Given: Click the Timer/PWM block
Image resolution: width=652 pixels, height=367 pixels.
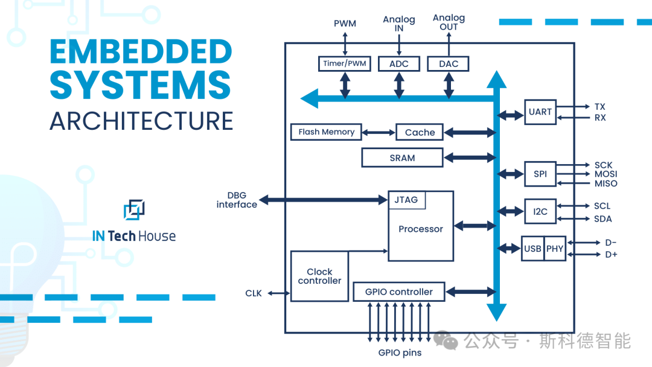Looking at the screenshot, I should pos(345,63).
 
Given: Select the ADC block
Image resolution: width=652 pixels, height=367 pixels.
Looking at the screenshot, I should pos(399,63).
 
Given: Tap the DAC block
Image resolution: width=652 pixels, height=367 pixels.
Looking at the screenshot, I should pos(448,63).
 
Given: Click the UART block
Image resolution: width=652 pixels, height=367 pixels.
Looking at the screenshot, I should pos(540,112).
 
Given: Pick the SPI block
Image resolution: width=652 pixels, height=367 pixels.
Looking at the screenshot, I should pos(540,174).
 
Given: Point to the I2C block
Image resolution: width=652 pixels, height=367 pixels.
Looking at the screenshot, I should pos(540,211).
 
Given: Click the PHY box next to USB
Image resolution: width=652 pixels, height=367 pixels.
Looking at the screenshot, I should pos(555,249).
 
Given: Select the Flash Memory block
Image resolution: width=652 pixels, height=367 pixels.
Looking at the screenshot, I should pos(326,132).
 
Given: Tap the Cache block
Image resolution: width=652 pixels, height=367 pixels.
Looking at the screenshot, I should pos(420,132).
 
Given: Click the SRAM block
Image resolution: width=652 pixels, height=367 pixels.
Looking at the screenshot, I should pos(402,158).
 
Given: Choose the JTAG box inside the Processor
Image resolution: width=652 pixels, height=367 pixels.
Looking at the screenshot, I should pos(406,200).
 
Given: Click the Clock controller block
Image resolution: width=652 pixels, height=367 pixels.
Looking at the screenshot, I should pos(319,276).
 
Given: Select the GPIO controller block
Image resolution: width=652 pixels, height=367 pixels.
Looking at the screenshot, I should pos(398,292).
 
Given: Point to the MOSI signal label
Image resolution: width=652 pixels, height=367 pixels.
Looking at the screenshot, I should pos(606,174).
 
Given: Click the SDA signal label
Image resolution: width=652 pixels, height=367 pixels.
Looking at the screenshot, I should pos(602,219).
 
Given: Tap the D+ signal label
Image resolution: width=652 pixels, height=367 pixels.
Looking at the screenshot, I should pos(611,254).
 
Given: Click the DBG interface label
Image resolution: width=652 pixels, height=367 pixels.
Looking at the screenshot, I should pos(237,200).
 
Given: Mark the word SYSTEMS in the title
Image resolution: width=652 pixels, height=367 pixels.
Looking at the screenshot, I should pos(140,85).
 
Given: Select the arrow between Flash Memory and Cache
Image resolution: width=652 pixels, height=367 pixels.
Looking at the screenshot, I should pos(379,132).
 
